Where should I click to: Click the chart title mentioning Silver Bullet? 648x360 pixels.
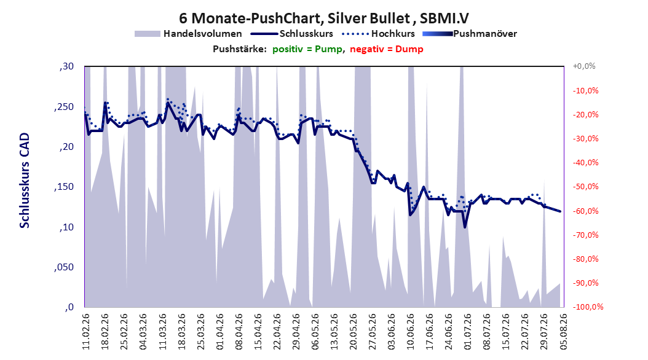pos(324,18)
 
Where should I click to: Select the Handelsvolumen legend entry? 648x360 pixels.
pos(189,34)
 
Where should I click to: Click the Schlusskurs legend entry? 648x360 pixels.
pos(292,34)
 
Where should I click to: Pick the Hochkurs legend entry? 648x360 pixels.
pos(379,34)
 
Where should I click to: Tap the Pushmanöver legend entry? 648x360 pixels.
pos(470,34)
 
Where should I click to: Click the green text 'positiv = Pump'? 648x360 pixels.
pos(307,49)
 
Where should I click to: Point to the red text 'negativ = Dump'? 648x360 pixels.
pos(387,49)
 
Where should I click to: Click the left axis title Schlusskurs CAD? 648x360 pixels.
pos(25,181)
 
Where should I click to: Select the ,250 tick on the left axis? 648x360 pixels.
pos(64,107)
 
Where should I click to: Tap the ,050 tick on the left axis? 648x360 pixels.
pos(64,267)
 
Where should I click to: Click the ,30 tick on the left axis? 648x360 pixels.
pos(66,66)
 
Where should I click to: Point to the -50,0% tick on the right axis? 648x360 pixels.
pos(585,187)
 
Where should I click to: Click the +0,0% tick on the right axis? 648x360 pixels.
pos(584,66)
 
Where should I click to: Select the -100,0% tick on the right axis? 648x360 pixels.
pos(588,307)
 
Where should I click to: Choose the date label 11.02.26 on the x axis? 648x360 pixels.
pos(86,332)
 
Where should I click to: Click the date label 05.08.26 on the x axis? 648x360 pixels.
pos(563,332)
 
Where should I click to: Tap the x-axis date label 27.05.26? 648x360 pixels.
pos(373,332)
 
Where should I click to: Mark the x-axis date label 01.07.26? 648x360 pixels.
pos(468,332)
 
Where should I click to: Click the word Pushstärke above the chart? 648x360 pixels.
pos(239,49)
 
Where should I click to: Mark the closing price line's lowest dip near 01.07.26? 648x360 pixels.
pos(465,227)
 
